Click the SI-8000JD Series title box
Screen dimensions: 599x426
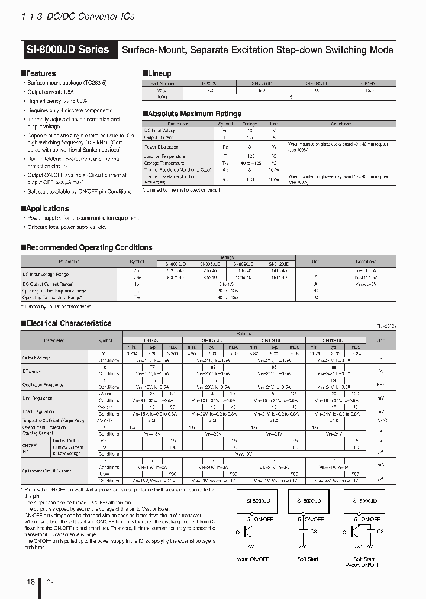pos(68,49)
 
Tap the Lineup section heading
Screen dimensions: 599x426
pos(157,73)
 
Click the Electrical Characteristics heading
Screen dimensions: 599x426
pos(66,323)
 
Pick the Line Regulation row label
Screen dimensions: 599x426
pos(37,397)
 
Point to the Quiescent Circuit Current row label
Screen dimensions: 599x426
pos(49,472)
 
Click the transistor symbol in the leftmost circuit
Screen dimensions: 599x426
pos(250,532)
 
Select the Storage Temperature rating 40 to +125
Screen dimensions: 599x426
pos(249,163)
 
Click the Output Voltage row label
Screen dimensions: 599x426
pos(36,358)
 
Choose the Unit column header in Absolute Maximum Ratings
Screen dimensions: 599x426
pos(273,124)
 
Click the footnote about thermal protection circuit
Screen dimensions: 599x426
pos(181,190)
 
